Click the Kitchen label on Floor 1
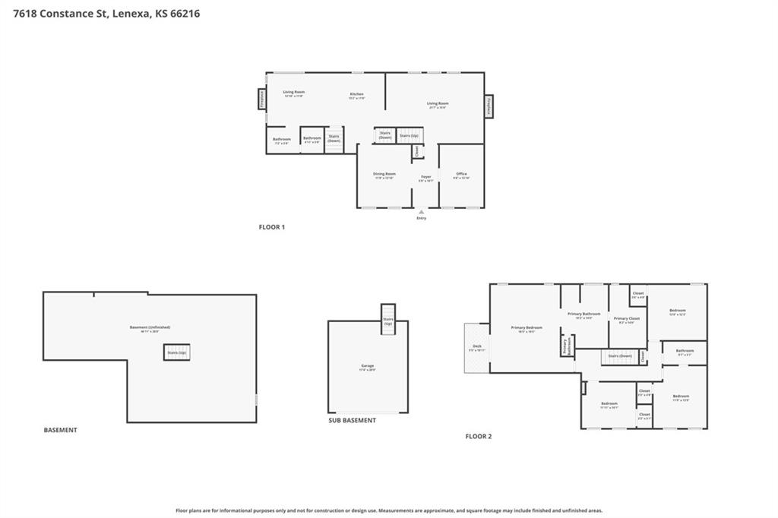pos(356,95)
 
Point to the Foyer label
pos(427,178)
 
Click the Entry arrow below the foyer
pos(421,213)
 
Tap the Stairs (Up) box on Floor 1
pos(409,135)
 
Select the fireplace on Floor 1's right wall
pos(489,106)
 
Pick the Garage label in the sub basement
pos(368,368)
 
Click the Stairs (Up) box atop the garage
pos(388,319)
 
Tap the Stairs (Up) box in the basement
pos(177,352)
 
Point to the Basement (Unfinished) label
pos(150,329)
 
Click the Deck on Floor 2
pos(476,348)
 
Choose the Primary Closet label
pos(627,320)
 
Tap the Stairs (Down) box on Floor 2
pos(619,355)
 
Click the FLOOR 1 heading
pos(271,227)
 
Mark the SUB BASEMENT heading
pos(352,420)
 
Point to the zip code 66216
pos(185,13)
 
